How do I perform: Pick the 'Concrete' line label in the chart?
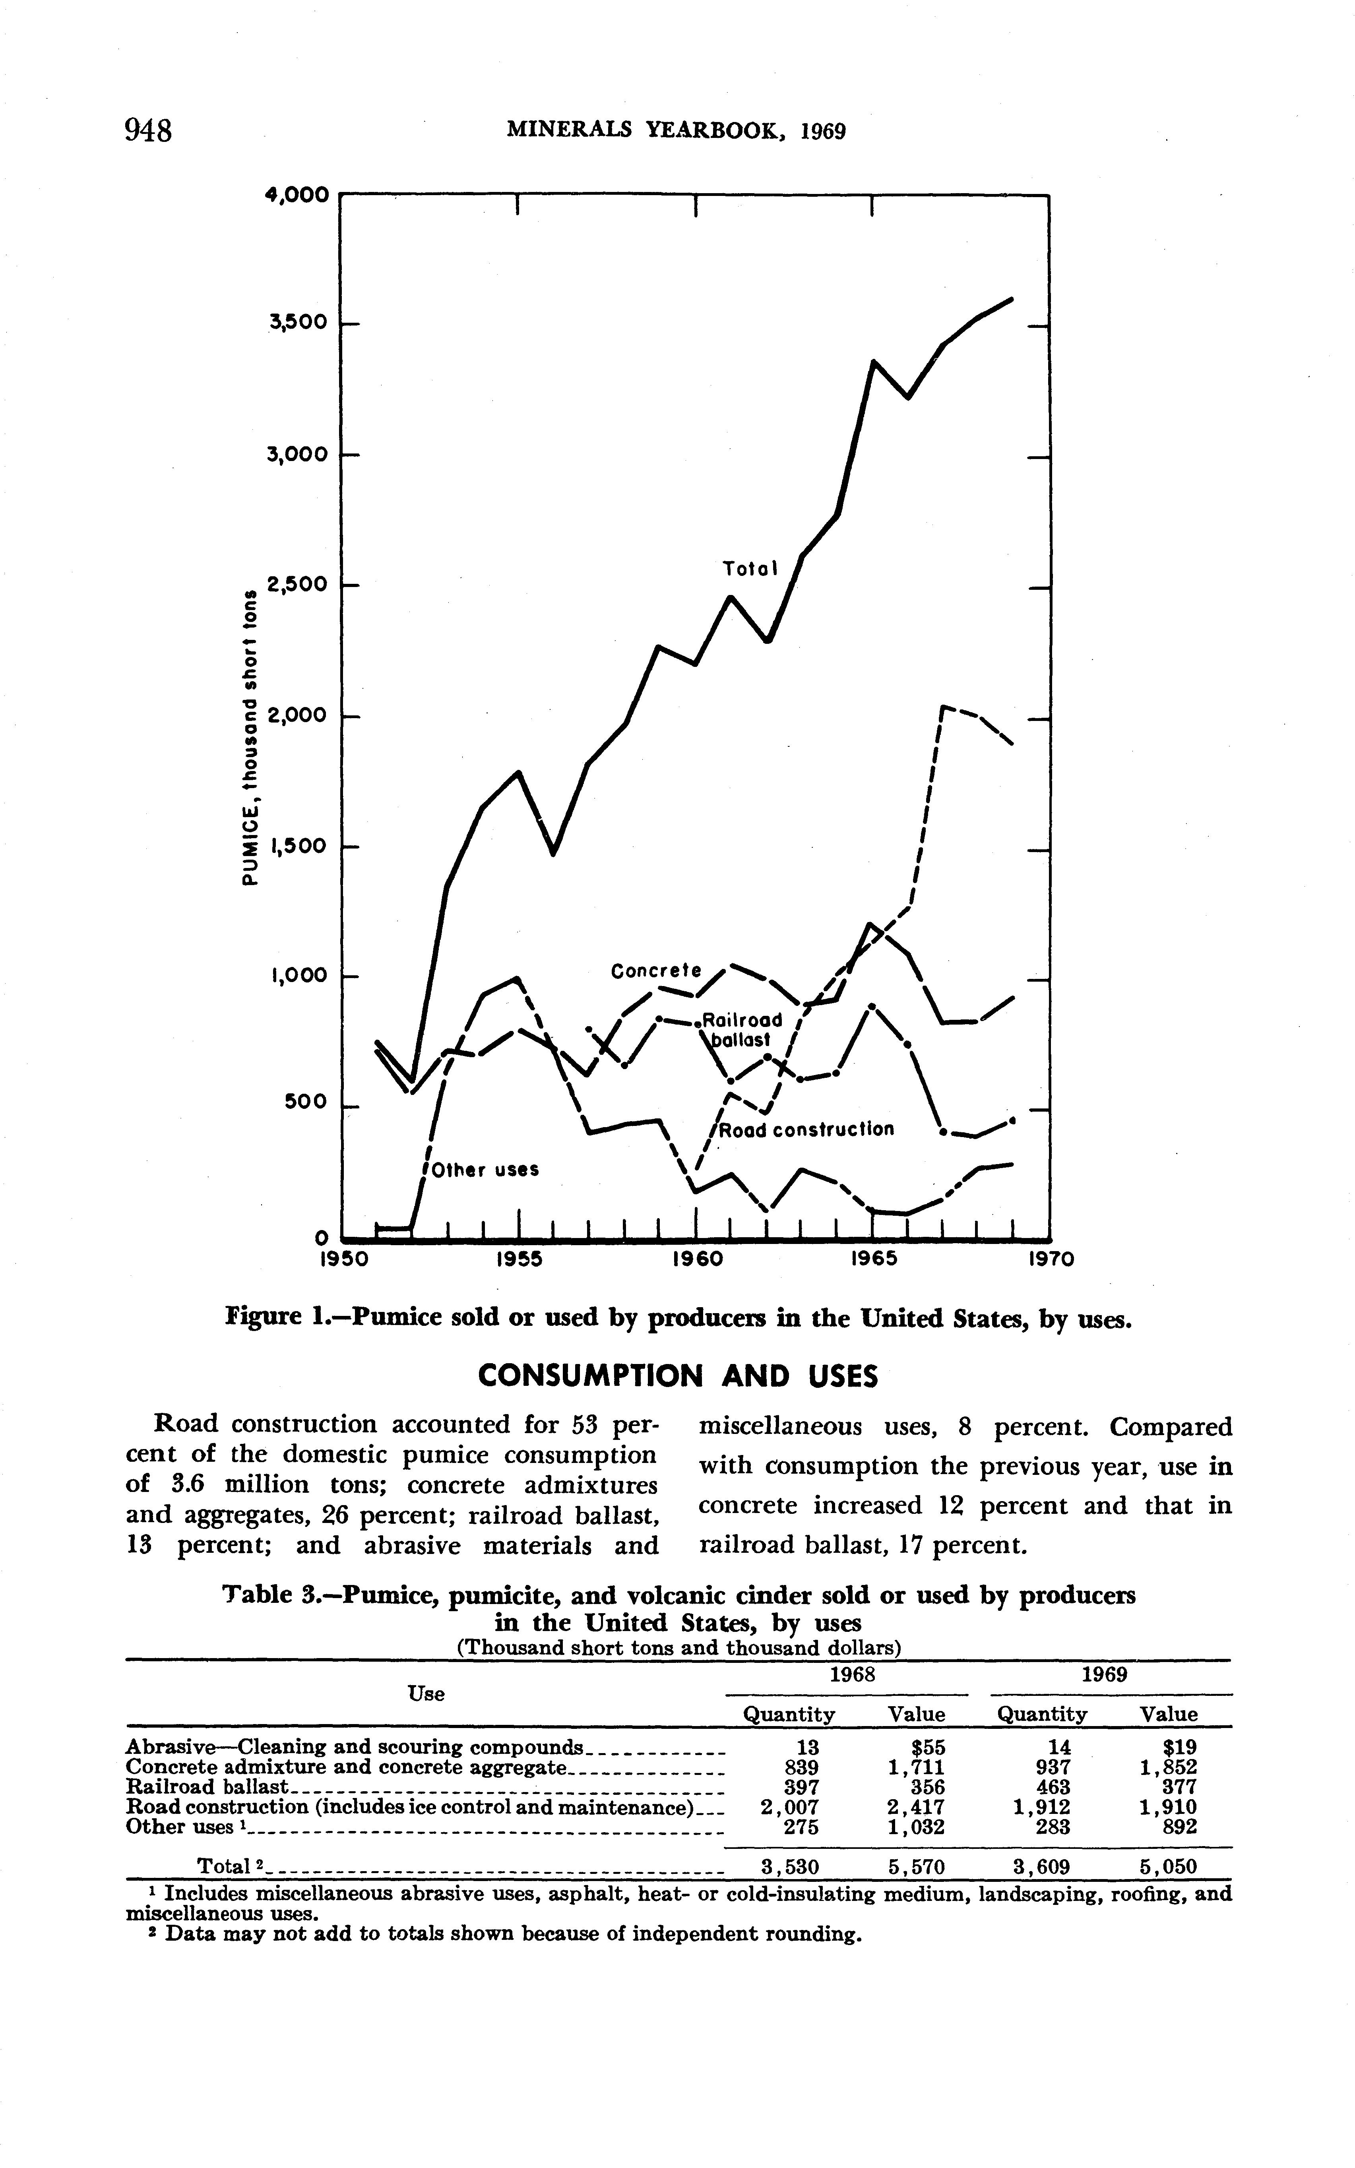[x=655, y=971]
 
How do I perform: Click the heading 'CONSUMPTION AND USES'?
[x=677, y=1376]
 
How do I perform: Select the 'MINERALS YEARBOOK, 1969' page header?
[x=677, y=131]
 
